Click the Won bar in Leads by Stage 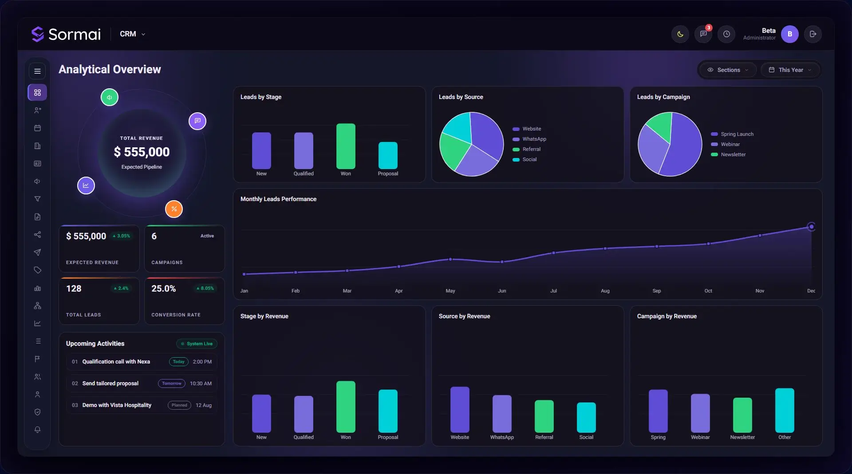(x=346, y=146)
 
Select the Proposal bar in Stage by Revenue (x=388, y=411)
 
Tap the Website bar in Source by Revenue (x=460, y=410)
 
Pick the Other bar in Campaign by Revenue (x=785, y=411)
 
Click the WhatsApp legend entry (x=529, y=139)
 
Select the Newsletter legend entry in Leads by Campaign (x=728, y=154)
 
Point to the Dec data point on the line (x=811, y=227)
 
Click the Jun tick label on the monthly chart (x=502, y=291)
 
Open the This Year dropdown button (x=790, y=70)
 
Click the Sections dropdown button (x=728, y=70)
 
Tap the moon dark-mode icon (x=680, y=34)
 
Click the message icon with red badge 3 (x=703, y=34)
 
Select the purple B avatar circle (x=790, y=34)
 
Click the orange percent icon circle (x=174, y=209)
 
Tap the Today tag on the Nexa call (x=179, y=362)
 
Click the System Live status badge (x=197, y=344)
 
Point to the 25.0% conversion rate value (x=164, y=288)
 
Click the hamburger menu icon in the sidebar (x=37, y=71)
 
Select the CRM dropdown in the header (x=132, y=34)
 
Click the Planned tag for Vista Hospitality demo (x=179, y=405)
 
